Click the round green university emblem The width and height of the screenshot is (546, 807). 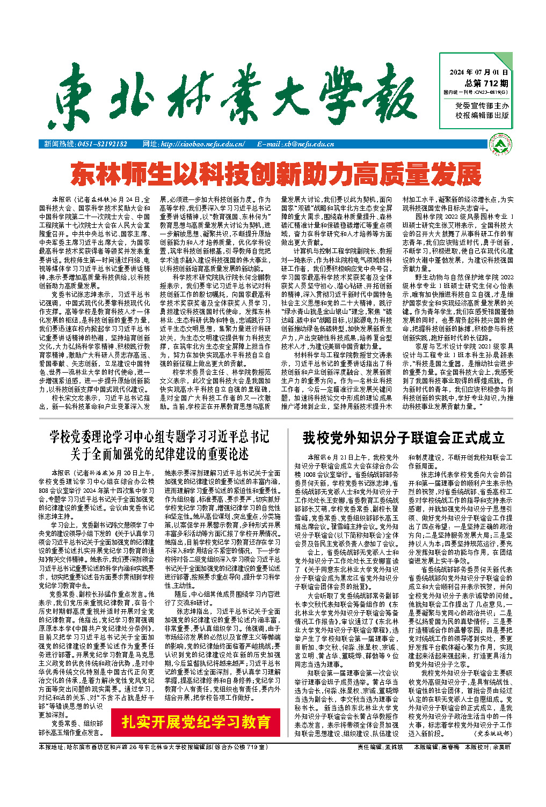tap(503, 144)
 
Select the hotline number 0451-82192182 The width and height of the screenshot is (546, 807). tap(102, 144)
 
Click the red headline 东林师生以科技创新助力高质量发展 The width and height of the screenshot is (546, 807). tap(276, 174)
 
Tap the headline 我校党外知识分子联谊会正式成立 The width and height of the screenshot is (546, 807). tap(403, 438)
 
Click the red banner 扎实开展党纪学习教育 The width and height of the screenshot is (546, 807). tap(196, 722)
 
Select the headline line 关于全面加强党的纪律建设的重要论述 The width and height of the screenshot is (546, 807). tap(159, 454)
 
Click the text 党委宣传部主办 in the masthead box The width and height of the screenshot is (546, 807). tap(482, 106)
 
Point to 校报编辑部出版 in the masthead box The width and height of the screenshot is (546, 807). tap(482, 115)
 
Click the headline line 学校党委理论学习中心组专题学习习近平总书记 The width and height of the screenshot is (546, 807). tap(159, 437)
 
